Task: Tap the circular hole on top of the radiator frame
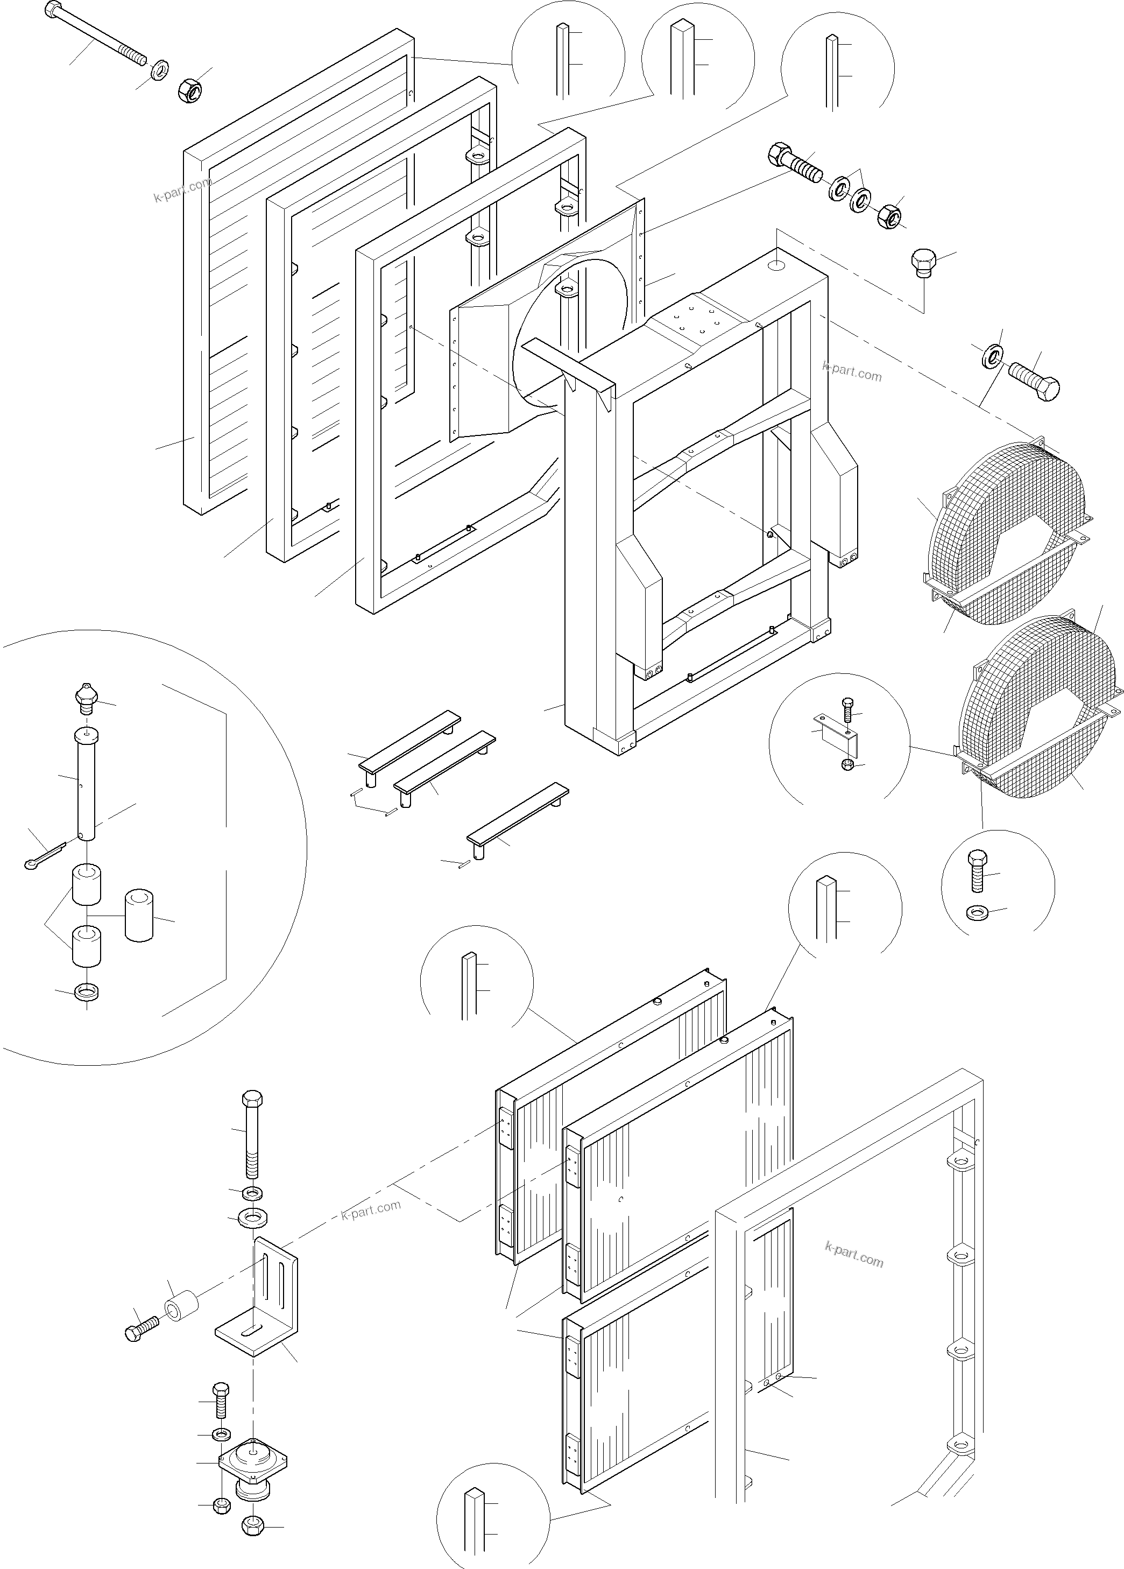tap(775, 264)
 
